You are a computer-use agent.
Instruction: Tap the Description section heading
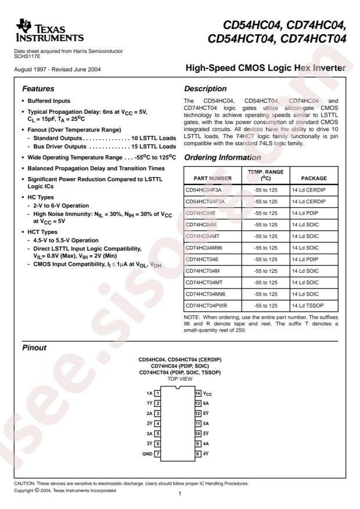coord(204,89)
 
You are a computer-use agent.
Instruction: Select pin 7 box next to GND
coord(157,454)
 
